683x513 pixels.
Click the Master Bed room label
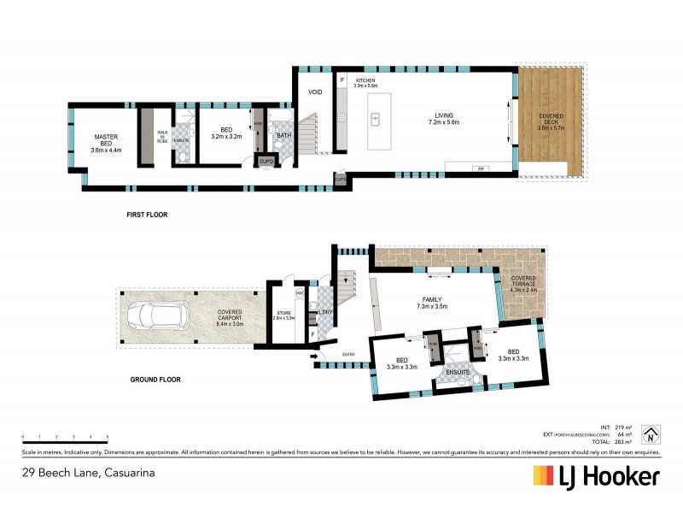(x=105, y=143)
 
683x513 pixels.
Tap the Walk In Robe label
(x=161, y=136)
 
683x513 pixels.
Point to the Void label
(x=314, y=91)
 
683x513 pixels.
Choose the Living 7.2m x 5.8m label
(x=443, y=119)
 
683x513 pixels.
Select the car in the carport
(x=155, y=317)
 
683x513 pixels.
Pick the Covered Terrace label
(x=523, y=283)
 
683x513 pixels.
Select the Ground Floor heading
(x=155, y=379)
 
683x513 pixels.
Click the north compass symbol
(x=650, y=434)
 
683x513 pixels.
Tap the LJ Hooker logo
(x=596, y=476)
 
